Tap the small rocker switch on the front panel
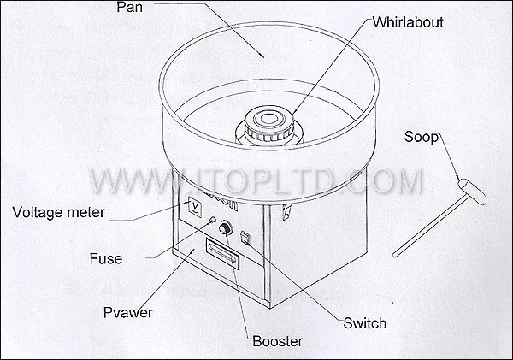click(x=245, y=238)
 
